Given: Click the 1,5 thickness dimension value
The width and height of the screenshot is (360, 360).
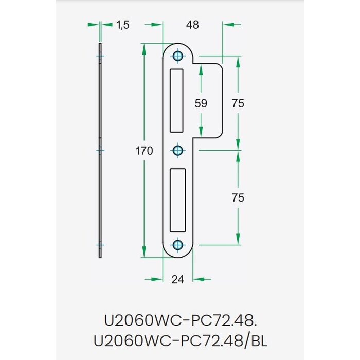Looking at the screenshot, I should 122,24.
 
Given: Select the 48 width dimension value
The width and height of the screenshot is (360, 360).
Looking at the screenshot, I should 192,24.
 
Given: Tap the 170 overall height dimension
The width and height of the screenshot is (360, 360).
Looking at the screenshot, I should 145,151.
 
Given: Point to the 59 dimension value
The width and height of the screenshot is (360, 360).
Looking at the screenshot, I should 201,103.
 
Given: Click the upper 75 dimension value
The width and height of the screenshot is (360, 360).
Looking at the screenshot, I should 238,103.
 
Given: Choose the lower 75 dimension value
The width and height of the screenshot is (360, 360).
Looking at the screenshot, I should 238,197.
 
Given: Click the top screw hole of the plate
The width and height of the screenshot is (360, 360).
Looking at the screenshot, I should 178,56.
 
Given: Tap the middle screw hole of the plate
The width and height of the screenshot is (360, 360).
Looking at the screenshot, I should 178,151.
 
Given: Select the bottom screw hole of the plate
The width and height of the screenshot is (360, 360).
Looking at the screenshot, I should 178,244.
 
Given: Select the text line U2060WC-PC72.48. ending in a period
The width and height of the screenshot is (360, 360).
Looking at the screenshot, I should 179,320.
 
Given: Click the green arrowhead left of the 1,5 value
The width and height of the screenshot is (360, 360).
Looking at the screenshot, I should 93,24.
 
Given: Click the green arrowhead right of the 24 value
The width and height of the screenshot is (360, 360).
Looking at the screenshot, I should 202,279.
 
